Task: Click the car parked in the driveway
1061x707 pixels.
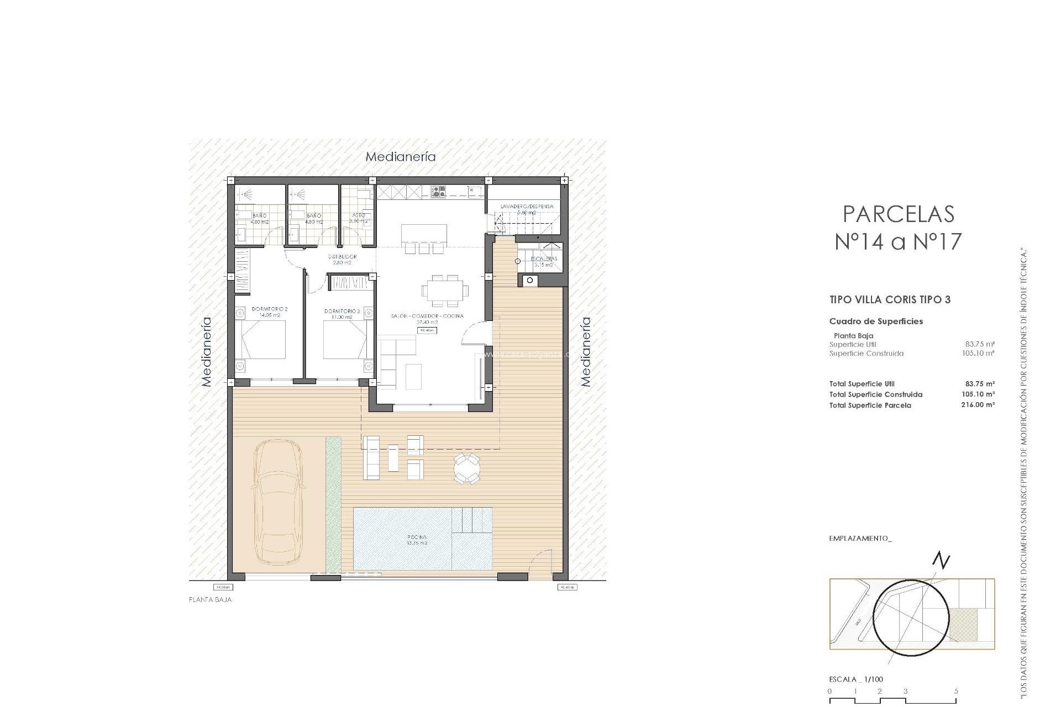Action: coord(278,502)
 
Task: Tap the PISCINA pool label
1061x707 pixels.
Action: coord(417,537)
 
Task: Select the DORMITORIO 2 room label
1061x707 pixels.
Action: coord(270,309)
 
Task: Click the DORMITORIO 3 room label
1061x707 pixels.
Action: coord(342,312)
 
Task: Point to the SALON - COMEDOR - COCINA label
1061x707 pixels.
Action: coord(427,316)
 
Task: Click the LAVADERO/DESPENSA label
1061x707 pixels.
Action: coord(527,207)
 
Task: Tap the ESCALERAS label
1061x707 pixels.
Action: coord(544,258)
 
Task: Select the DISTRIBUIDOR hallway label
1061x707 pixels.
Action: coord(342,257)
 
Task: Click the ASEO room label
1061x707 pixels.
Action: coord(358,215)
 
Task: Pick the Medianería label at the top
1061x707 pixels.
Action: coord(401,157)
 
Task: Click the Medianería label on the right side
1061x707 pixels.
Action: coord(586,351)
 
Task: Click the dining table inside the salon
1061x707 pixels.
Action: coord(445,291)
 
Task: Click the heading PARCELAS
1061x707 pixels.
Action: coord(899,214)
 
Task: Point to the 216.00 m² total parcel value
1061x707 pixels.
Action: coord(978,405)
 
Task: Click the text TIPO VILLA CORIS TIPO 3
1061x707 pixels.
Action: coord(890,300)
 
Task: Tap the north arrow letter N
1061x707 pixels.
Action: coord(941,561)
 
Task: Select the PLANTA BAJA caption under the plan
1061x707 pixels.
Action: coord(210,599)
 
